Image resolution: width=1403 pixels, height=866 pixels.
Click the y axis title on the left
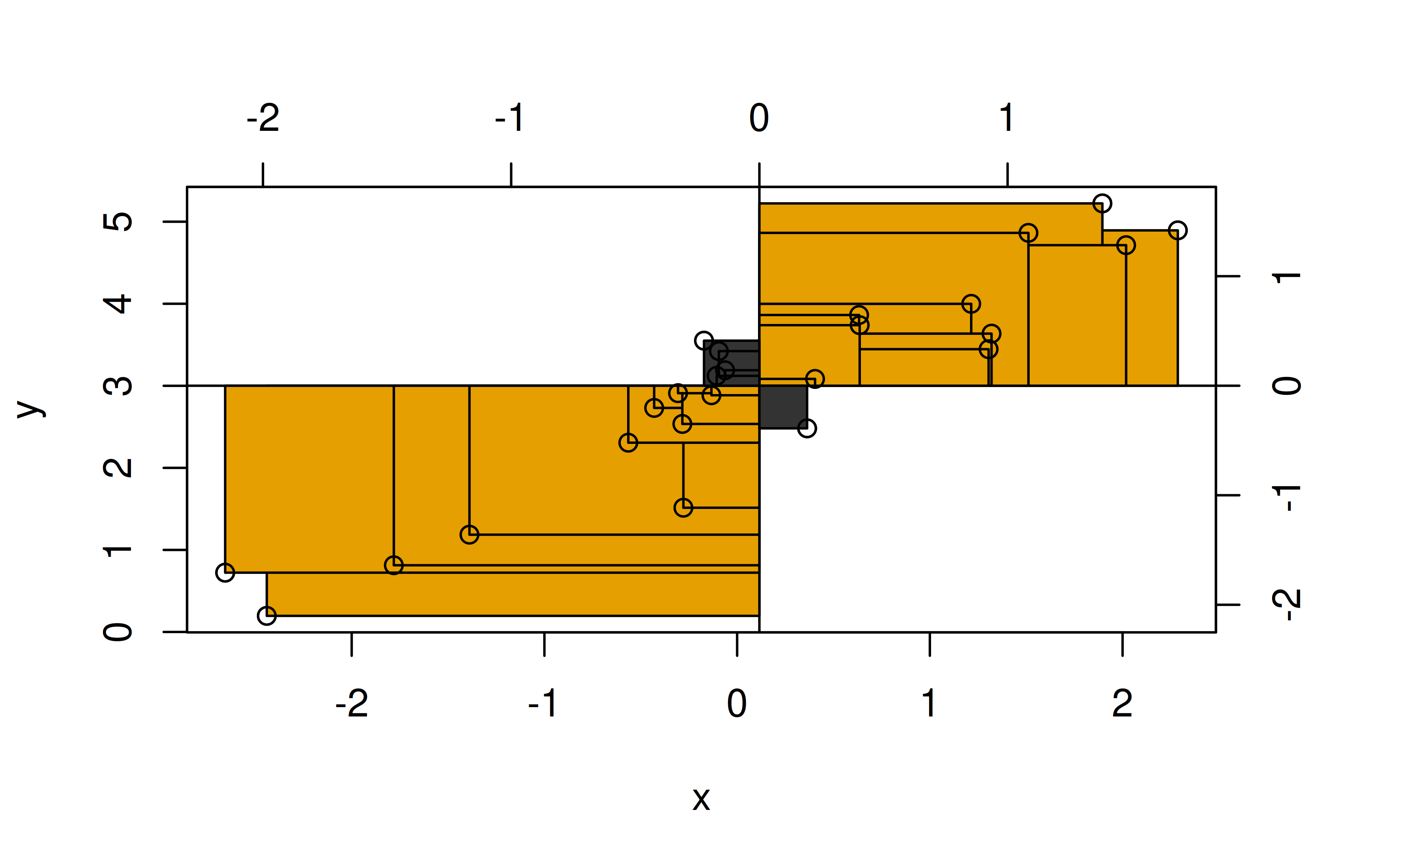tap(31, 409)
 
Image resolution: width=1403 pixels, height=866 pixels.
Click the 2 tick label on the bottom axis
tap(1122, 703)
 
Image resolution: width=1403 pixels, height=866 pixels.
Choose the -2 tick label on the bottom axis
tap(351, 703)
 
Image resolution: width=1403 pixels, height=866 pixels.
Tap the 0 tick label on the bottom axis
tap(737, 703)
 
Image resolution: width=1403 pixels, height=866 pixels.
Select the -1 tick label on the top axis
tap(509, 118)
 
